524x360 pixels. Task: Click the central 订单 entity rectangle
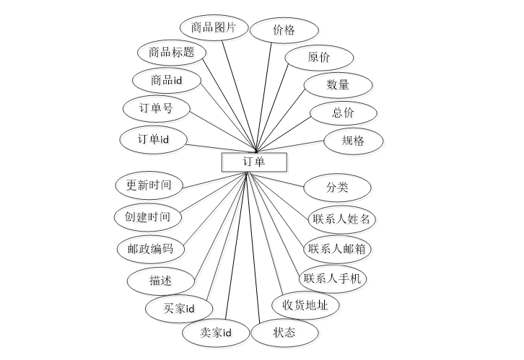click(x=253, y=162)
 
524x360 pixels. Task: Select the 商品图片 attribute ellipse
click(x=214, y=29)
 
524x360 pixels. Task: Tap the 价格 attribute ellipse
click(x=284, y=31)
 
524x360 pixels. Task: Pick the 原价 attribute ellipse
click(x=318, y=58)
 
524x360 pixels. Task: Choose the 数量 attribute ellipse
click(x=338, y=85)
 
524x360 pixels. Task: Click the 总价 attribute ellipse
click(x=343, y=113)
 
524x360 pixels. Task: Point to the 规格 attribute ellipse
click(x=353, y=141)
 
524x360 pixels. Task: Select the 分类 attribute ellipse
click(x=337, y=188)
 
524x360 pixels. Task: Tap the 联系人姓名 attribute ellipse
click(x=341, y=219)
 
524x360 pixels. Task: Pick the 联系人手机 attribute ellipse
click(x=333, y=278)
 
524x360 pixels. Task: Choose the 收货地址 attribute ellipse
click(x=306, y=306)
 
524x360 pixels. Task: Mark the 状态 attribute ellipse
click(x=284, y=333)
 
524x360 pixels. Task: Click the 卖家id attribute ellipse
click(x=216, y=333)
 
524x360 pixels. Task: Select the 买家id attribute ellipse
click(x=179, y=309)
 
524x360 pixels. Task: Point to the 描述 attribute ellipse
click(x=161, y=281)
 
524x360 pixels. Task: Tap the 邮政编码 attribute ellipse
click(x=150, y=249)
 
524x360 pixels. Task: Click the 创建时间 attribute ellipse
click(x=148, y=216)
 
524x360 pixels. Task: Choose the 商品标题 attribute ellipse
click(x=172, y=53)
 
